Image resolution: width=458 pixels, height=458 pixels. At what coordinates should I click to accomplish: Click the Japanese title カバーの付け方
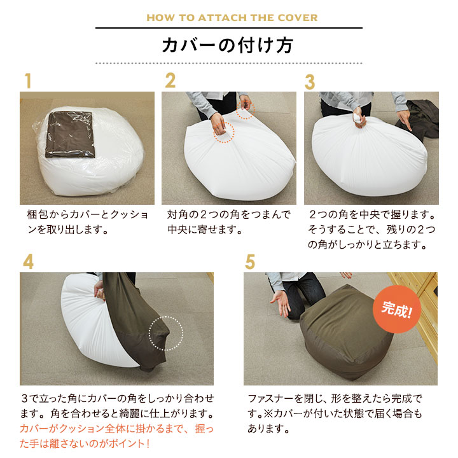click(228, 46)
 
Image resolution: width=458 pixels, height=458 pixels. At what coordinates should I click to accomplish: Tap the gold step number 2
click(170, 81)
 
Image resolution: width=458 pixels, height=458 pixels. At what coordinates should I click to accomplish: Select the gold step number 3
click(310, 82)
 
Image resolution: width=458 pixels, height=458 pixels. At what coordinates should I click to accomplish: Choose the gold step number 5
click(250, 262)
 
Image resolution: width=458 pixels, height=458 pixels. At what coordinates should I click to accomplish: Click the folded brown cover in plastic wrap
click(71, 132)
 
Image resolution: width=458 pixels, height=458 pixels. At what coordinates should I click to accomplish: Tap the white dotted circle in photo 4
click(165, 333)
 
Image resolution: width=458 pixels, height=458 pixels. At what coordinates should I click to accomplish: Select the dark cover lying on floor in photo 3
click(420, 118)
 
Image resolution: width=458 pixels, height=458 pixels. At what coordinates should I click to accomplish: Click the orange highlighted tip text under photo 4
click(116, 436)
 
